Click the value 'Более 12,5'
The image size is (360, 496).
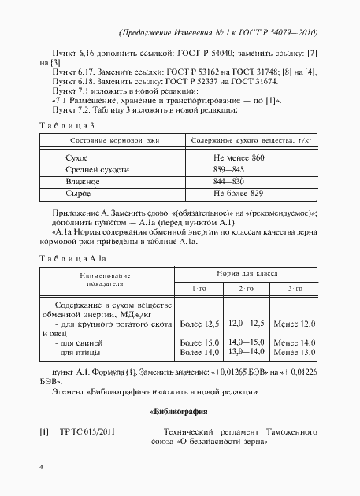[x=199, y=324]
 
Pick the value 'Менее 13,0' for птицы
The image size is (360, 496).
[x=294, y=353]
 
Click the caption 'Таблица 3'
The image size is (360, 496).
[x=68, y=124]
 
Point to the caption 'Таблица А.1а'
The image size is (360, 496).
[x=73, y=258]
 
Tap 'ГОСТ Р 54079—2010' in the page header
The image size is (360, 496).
[x=279, y=33]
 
